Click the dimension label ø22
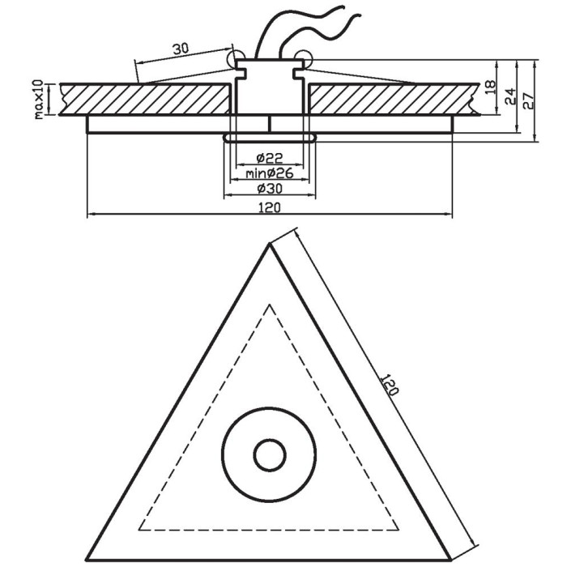270,158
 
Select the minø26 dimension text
270,173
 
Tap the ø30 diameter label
270,189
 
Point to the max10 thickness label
39,100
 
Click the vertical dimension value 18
490,87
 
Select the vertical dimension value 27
528,101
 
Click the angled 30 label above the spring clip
181,49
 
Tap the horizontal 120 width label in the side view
270,208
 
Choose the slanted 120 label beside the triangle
390,385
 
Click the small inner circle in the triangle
270,455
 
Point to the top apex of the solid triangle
270,244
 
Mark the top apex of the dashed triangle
270,305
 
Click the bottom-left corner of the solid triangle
87,561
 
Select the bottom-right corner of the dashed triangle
399,530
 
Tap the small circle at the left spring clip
235,59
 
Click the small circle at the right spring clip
303,58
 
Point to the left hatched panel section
145,99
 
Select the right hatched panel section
394,99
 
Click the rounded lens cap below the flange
270,138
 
